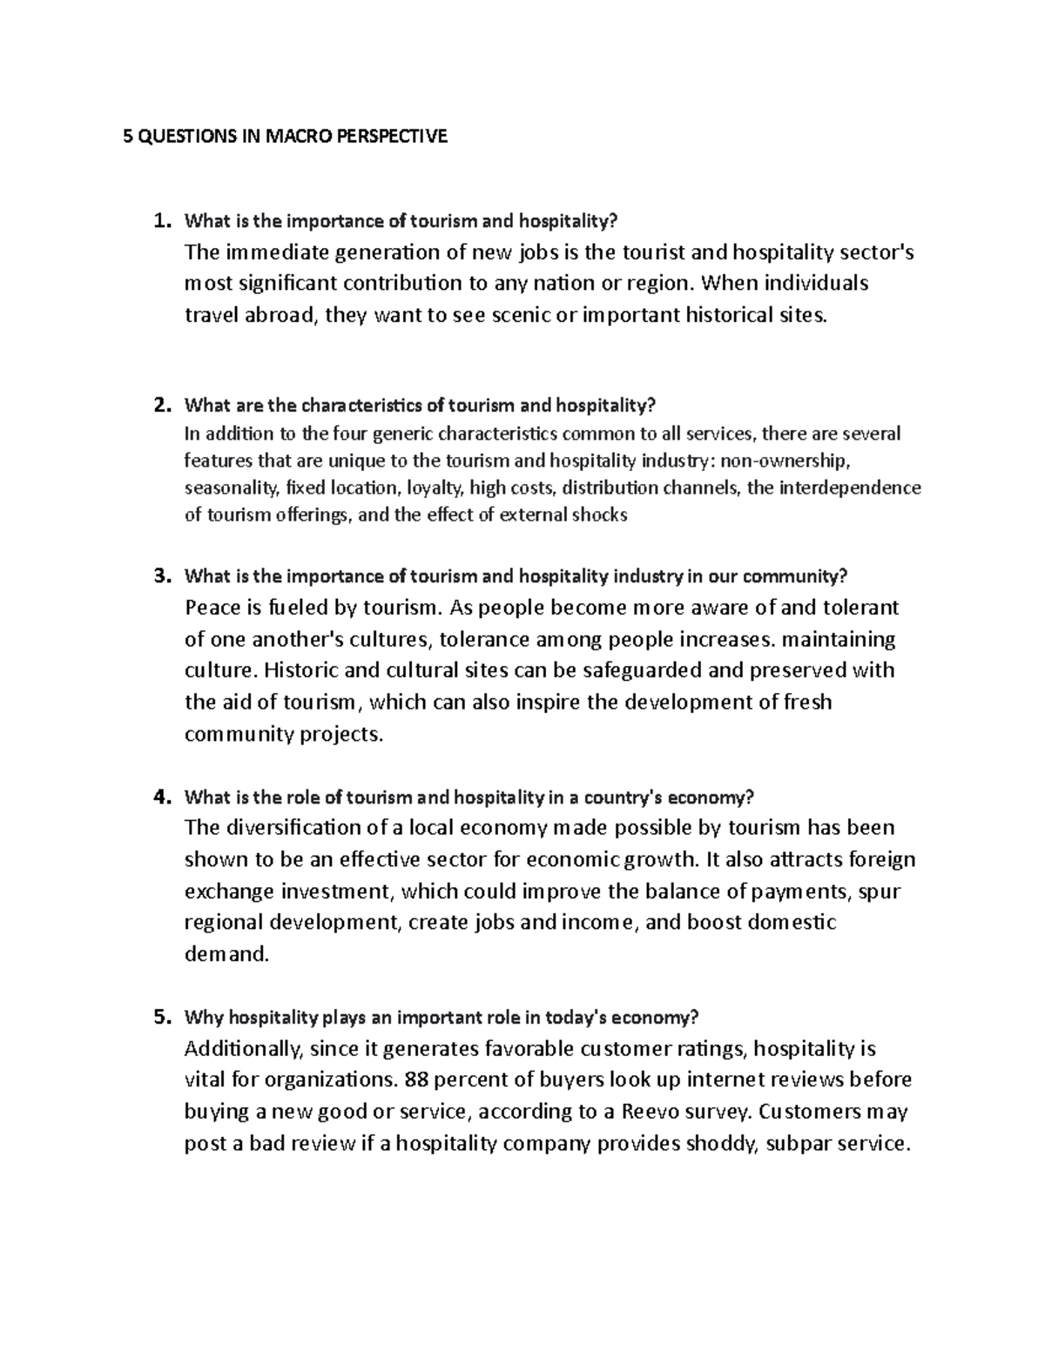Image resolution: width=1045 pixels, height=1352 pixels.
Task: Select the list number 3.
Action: tap(160, 575)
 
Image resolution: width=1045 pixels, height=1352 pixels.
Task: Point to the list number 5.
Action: tap(160, 1017)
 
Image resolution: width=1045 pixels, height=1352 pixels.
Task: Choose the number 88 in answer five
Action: tap(416, 1080)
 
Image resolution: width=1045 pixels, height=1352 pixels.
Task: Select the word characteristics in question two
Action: tap(362, 405)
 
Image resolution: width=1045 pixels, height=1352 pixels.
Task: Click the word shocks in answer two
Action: tap(599, 515)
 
